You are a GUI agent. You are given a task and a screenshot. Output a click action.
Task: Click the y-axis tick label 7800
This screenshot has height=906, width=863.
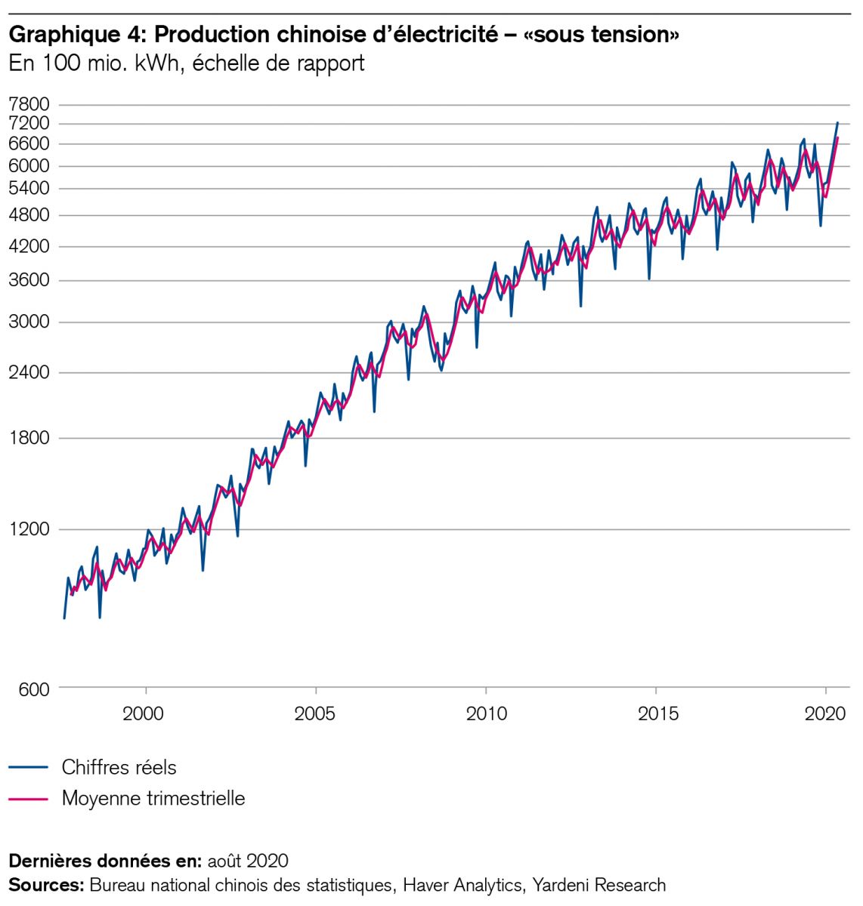coord(29,104)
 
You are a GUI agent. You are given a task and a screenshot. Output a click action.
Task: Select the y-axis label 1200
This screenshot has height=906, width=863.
coord(29,529)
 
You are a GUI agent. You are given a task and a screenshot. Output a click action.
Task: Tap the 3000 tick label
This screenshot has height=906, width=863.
coord(29,322)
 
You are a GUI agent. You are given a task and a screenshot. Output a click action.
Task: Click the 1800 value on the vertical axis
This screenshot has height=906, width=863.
coord(29,439)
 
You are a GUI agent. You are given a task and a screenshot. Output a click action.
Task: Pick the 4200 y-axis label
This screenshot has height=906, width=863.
coord(29,246)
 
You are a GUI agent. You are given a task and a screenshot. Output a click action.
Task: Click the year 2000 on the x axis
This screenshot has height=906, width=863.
coord(144,713)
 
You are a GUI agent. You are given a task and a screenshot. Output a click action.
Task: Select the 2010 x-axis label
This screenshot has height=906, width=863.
coord(486,713)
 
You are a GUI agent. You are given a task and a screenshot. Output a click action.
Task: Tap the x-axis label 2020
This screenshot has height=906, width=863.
coord(825,713)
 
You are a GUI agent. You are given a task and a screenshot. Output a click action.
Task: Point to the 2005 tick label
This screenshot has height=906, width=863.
coord(315,713)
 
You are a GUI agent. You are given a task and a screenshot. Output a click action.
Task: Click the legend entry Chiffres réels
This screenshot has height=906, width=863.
coord(119,768)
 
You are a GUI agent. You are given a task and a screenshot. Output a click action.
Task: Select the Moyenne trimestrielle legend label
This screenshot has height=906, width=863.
coord(153,798)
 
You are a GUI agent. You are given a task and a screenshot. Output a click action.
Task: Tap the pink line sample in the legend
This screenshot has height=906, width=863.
coord(29,799)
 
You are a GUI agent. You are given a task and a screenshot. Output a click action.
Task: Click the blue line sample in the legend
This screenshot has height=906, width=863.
coord(29,768)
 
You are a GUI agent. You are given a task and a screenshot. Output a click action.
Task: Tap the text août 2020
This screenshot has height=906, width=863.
coord(248,861)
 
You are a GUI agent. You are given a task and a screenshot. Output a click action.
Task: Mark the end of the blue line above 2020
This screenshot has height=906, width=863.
coord(837,122)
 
